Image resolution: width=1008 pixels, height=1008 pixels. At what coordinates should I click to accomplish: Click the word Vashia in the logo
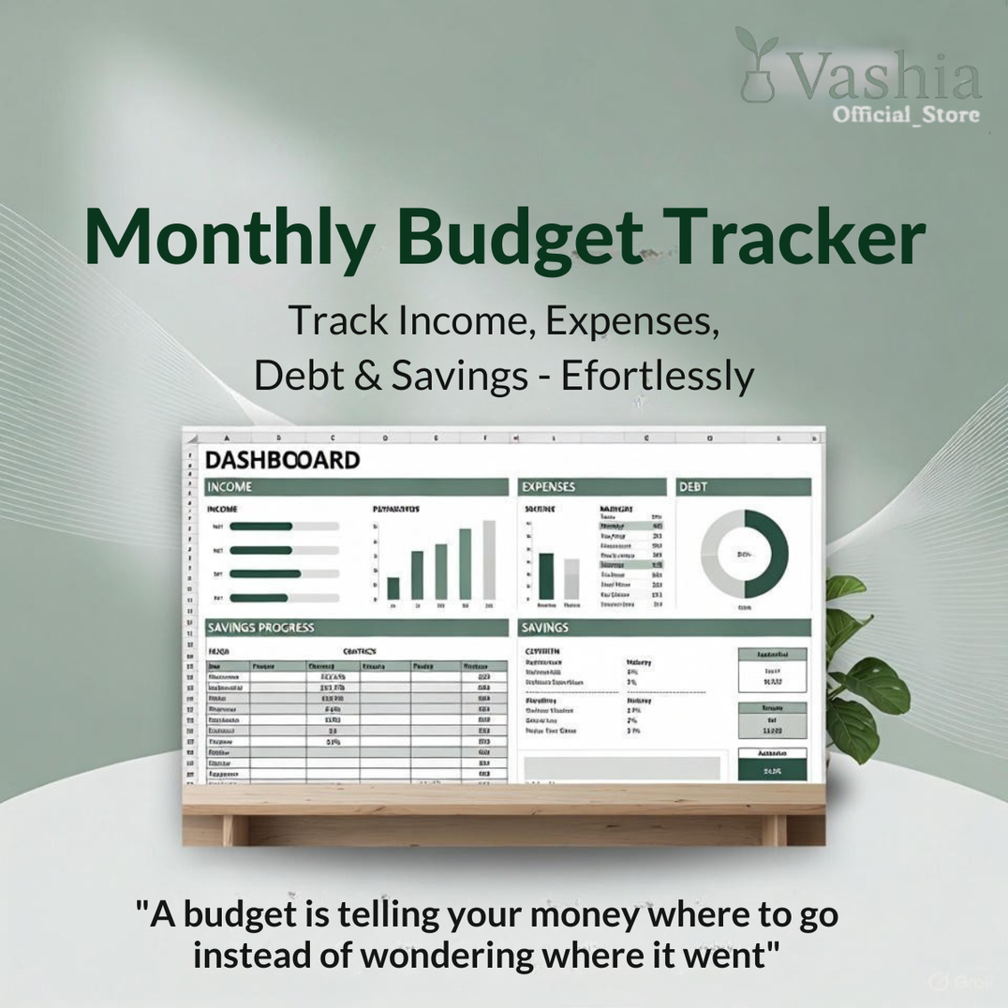click(x=886, y=77)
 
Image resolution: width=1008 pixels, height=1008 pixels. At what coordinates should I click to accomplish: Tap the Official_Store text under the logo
click(x=906, y=115)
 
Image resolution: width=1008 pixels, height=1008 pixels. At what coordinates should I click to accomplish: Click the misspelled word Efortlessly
click(x=657, y=376)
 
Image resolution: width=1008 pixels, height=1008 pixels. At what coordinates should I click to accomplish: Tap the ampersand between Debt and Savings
click(x=368, y=376)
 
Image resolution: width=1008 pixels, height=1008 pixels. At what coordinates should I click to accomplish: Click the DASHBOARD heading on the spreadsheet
click(x=282, y=460)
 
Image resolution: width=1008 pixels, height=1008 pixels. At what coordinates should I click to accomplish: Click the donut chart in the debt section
click(x=745, y=555)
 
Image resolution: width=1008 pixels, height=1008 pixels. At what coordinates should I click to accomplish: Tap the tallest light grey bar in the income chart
click(x=488, y=559)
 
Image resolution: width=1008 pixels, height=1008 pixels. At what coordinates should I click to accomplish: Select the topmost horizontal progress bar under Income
click(x=261, y=526)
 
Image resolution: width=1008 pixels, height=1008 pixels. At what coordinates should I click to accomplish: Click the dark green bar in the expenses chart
click(x=546, y=575)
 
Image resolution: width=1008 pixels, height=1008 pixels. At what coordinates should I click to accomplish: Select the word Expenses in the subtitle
click(x=632, y=321)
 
